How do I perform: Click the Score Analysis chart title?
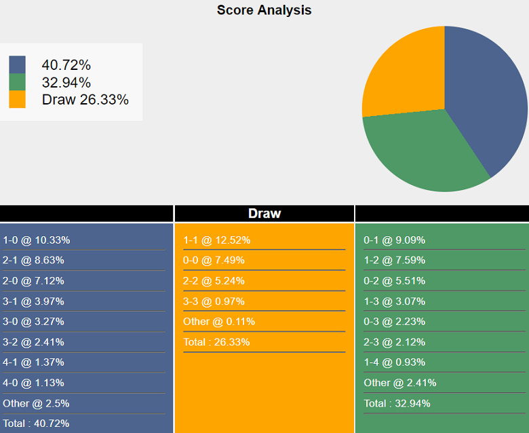tap(264, 10)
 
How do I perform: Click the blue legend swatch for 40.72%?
tap(17, 65)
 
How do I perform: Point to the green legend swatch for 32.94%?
tap(17, 82)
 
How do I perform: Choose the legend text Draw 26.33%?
tap(85, 100)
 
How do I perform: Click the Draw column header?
tap(264, 213)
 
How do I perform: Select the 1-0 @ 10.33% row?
tap(37, 240)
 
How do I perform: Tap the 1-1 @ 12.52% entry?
tap(216, 240)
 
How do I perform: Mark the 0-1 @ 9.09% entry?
tap(394, 240)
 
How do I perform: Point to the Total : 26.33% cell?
tap(216, 342)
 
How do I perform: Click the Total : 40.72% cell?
tap(36, 423)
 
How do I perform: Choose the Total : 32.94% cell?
tap(397, 403)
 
